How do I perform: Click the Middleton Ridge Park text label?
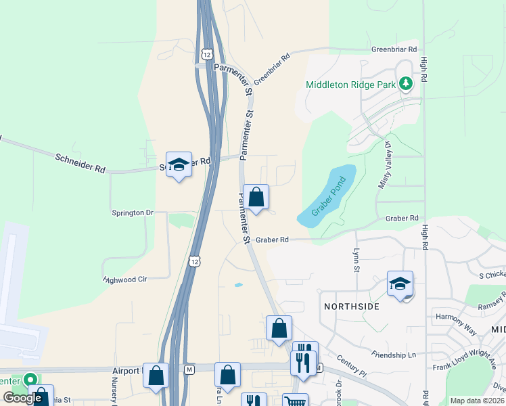[350, 85]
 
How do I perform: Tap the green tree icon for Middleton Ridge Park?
[405, 84]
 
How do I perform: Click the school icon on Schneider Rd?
[179, 164]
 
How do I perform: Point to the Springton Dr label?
[132, 212]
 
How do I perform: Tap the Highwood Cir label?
[126, 279]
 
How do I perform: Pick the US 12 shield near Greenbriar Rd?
[206, 52]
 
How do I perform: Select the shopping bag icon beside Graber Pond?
[256, 198]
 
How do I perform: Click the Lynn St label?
[356, 260]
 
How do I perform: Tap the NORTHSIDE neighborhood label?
[351, 307]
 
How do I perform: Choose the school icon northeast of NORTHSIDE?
[400, 284]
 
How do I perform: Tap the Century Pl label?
[353, 368]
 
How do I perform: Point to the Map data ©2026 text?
[477, 401]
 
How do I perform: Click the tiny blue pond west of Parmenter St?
[238, 285]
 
